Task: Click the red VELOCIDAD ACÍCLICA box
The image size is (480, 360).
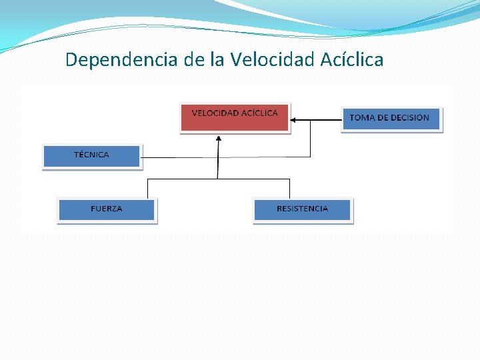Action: (x=235, y=118)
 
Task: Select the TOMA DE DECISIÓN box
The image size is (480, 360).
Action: (x=391, y=119)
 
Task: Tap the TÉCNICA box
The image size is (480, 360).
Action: (x=92, y=156)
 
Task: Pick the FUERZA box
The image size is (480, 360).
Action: (x=107, y=210)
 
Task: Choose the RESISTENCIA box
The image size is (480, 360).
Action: (x=302, y=210)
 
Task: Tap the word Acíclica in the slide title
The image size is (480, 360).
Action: (x=352, y=60)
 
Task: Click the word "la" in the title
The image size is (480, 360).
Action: (x=217, y=60)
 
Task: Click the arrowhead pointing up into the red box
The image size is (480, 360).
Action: (x=218, y=139)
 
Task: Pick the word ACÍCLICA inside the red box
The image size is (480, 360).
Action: (x=260, y=113)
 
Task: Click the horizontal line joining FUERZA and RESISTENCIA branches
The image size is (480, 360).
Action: (x=218, y=179)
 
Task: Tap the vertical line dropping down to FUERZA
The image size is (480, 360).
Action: (x=147, y=188)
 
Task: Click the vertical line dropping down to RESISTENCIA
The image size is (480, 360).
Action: (x=290, y=188)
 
